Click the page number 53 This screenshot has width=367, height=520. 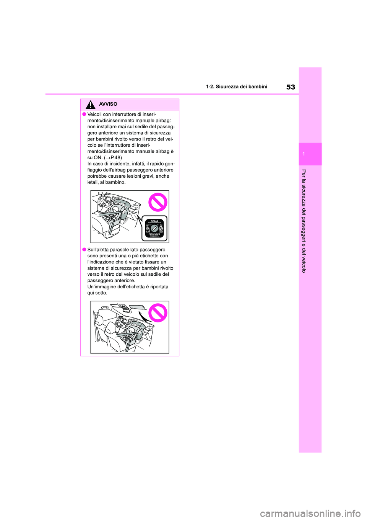coord(291,87)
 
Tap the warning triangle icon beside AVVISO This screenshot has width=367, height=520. coord(90,104)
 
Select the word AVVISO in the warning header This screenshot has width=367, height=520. coord(108,104)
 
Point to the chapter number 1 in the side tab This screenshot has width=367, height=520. coord(303,154)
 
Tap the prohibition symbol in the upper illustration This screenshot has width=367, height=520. coord(158,203)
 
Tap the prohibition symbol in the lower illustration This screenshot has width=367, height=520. coord(158,312)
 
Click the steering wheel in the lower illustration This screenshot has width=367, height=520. coord(120,323)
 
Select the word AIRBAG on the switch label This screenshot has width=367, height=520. coord(154,221)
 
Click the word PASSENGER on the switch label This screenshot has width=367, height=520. coord(154,234)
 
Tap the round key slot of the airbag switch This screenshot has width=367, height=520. coord(154,228)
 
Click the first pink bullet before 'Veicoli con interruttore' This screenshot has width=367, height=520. coord(83,114)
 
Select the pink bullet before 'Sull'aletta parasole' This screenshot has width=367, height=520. coord(83,250)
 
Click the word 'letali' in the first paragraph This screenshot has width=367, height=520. coord(93,182)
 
